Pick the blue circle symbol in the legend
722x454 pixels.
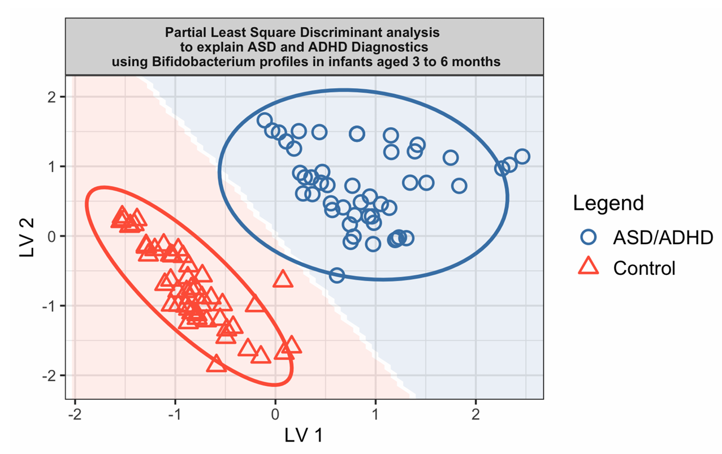tap(589, 237)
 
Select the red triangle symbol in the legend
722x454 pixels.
tap(589, 267)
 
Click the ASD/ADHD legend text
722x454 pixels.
tap(663, 238)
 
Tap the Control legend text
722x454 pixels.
tap(644, 268)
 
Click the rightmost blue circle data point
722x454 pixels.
tap(522, 157)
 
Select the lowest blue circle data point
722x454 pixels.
tap(337, 275)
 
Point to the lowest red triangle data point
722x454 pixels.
tap(217, 364)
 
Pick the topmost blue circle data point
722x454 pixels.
tap(265, 120)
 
